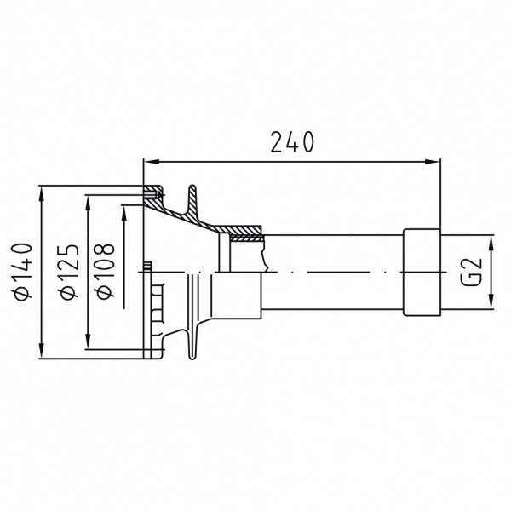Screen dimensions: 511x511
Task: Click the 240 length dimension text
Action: pos(292,142)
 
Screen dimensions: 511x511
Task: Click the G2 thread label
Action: pos(471,272)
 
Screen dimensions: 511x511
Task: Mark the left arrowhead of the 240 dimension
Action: pos(152,161)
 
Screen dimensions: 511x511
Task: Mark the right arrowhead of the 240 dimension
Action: pos(432,161)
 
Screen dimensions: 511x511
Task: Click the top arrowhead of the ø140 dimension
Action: pos(41,193)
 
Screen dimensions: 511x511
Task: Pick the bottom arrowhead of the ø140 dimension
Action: pos(41,351)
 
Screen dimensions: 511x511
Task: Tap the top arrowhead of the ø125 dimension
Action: pos(88,204)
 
